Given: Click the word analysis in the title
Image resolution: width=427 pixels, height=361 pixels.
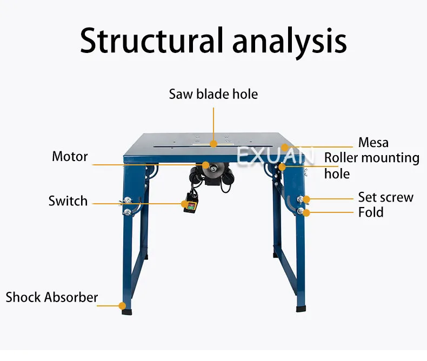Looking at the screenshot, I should coord(290,41).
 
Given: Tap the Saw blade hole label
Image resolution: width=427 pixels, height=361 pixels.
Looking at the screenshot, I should coord(213,94).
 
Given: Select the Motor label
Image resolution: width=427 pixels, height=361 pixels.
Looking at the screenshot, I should coord(70,157).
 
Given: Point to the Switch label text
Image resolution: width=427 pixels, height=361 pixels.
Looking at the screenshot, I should coord(68,201).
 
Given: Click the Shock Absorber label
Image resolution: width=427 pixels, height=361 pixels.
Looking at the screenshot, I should coord(52,297).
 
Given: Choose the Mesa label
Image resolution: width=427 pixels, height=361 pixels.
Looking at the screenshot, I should coord(373,143).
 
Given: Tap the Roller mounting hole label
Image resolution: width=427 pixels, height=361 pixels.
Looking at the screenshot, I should coord(371,165).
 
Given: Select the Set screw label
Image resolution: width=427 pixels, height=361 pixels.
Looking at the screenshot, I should coord(385,197).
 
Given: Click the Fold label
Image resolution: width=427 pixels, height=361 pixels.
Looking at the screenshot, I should coord(371,212).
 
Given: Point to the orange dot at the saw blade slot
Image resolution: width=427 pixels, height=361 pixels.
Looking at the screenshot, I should coord(213,144).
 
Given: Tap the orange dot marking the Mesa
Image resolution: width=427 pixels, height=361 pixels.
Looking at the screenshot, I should coord(284,147).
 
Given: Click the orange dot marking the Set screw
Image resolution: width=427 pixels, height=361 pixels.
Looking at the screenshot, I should coord(306,199).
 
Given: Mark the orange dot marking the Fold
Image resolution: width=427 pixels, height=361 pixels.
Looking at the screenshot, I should coord(306,213).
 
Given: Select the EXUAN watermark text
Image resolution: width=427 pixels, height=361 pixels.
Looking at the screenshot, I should coord(275,157).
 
